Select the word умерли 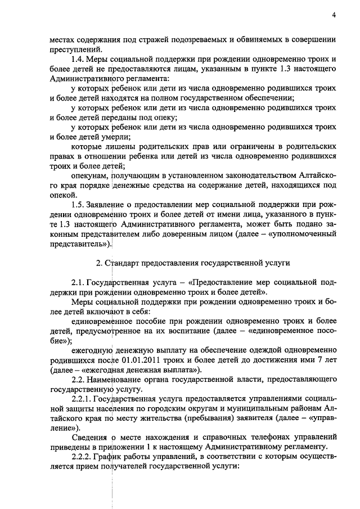[x=116, y=137]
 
